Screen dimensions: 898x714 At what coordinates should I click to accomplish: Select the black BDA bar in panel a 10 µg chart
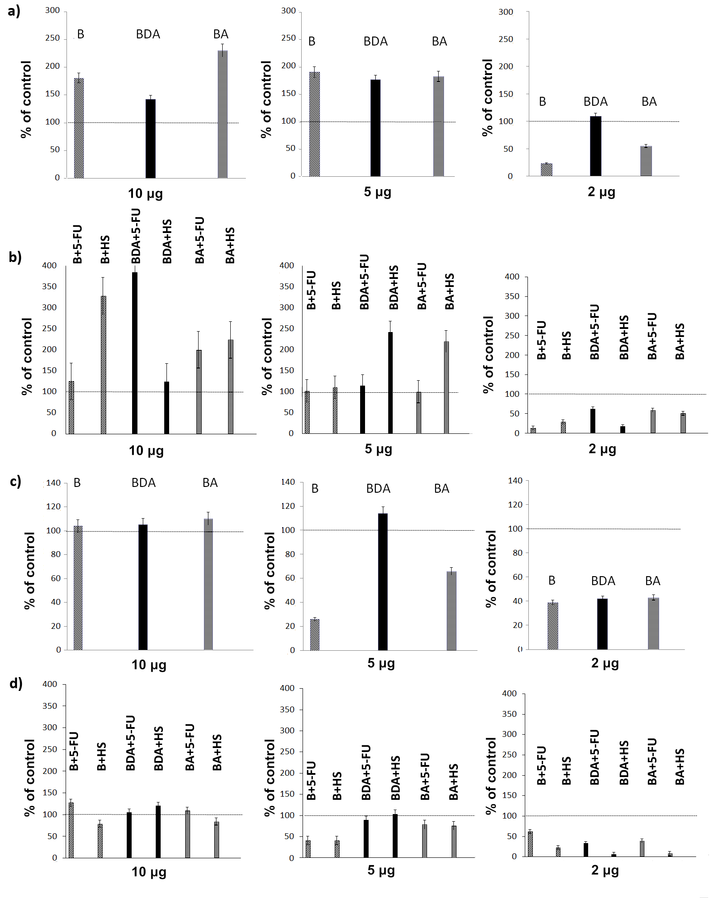(x=151, y=138)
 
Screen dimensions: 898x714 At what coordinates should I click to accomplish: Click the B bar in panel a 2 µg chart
(x=547, y=170)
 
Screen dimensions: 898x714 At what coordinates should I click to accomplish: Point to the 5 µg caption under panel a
(x=378, y=192)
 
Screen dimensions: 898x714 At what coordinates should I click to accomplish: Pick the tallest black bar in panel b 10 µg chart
(x=135, y=353)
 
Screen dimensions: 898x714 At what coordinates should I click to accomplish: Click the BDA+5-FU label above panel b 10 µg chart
(x=136, y=236)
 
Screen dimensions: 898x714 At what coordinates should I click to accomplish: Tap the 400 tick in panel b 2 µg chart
(x=512, y=277)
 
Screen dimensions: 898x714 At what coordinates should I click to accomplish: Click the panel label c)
(x=16, y=482)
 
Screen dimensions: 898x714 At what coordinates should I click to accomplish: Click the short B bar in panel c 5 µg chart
(x=315, y=634)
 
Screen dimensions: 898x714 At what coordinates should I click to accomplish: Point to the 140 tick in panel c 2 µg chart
(x=515, y=481)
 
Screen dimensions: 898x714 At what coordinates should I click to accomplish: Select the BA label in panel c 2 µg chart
(x=652, y=581)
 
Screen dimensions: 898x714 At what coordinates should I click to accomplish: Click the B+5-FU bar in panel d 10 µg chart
(x=71, y=830)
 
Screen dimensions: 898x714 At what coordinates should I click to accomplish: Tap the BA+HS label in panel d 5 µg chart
(x=453, y=782)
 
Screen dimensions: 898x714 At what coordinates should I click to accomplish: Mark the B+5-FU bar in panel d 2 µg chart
(x=530, y=844)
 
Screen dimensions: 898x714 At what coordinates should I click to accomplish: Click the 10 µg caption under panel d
(x=149, y=872)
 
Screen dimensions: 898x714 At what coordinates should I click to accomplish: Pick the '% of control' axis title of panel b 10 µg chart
(x=27, y=356)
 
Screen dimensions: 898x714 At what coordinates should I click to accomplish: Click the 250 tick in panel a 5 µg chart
(x=288, y=38)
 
